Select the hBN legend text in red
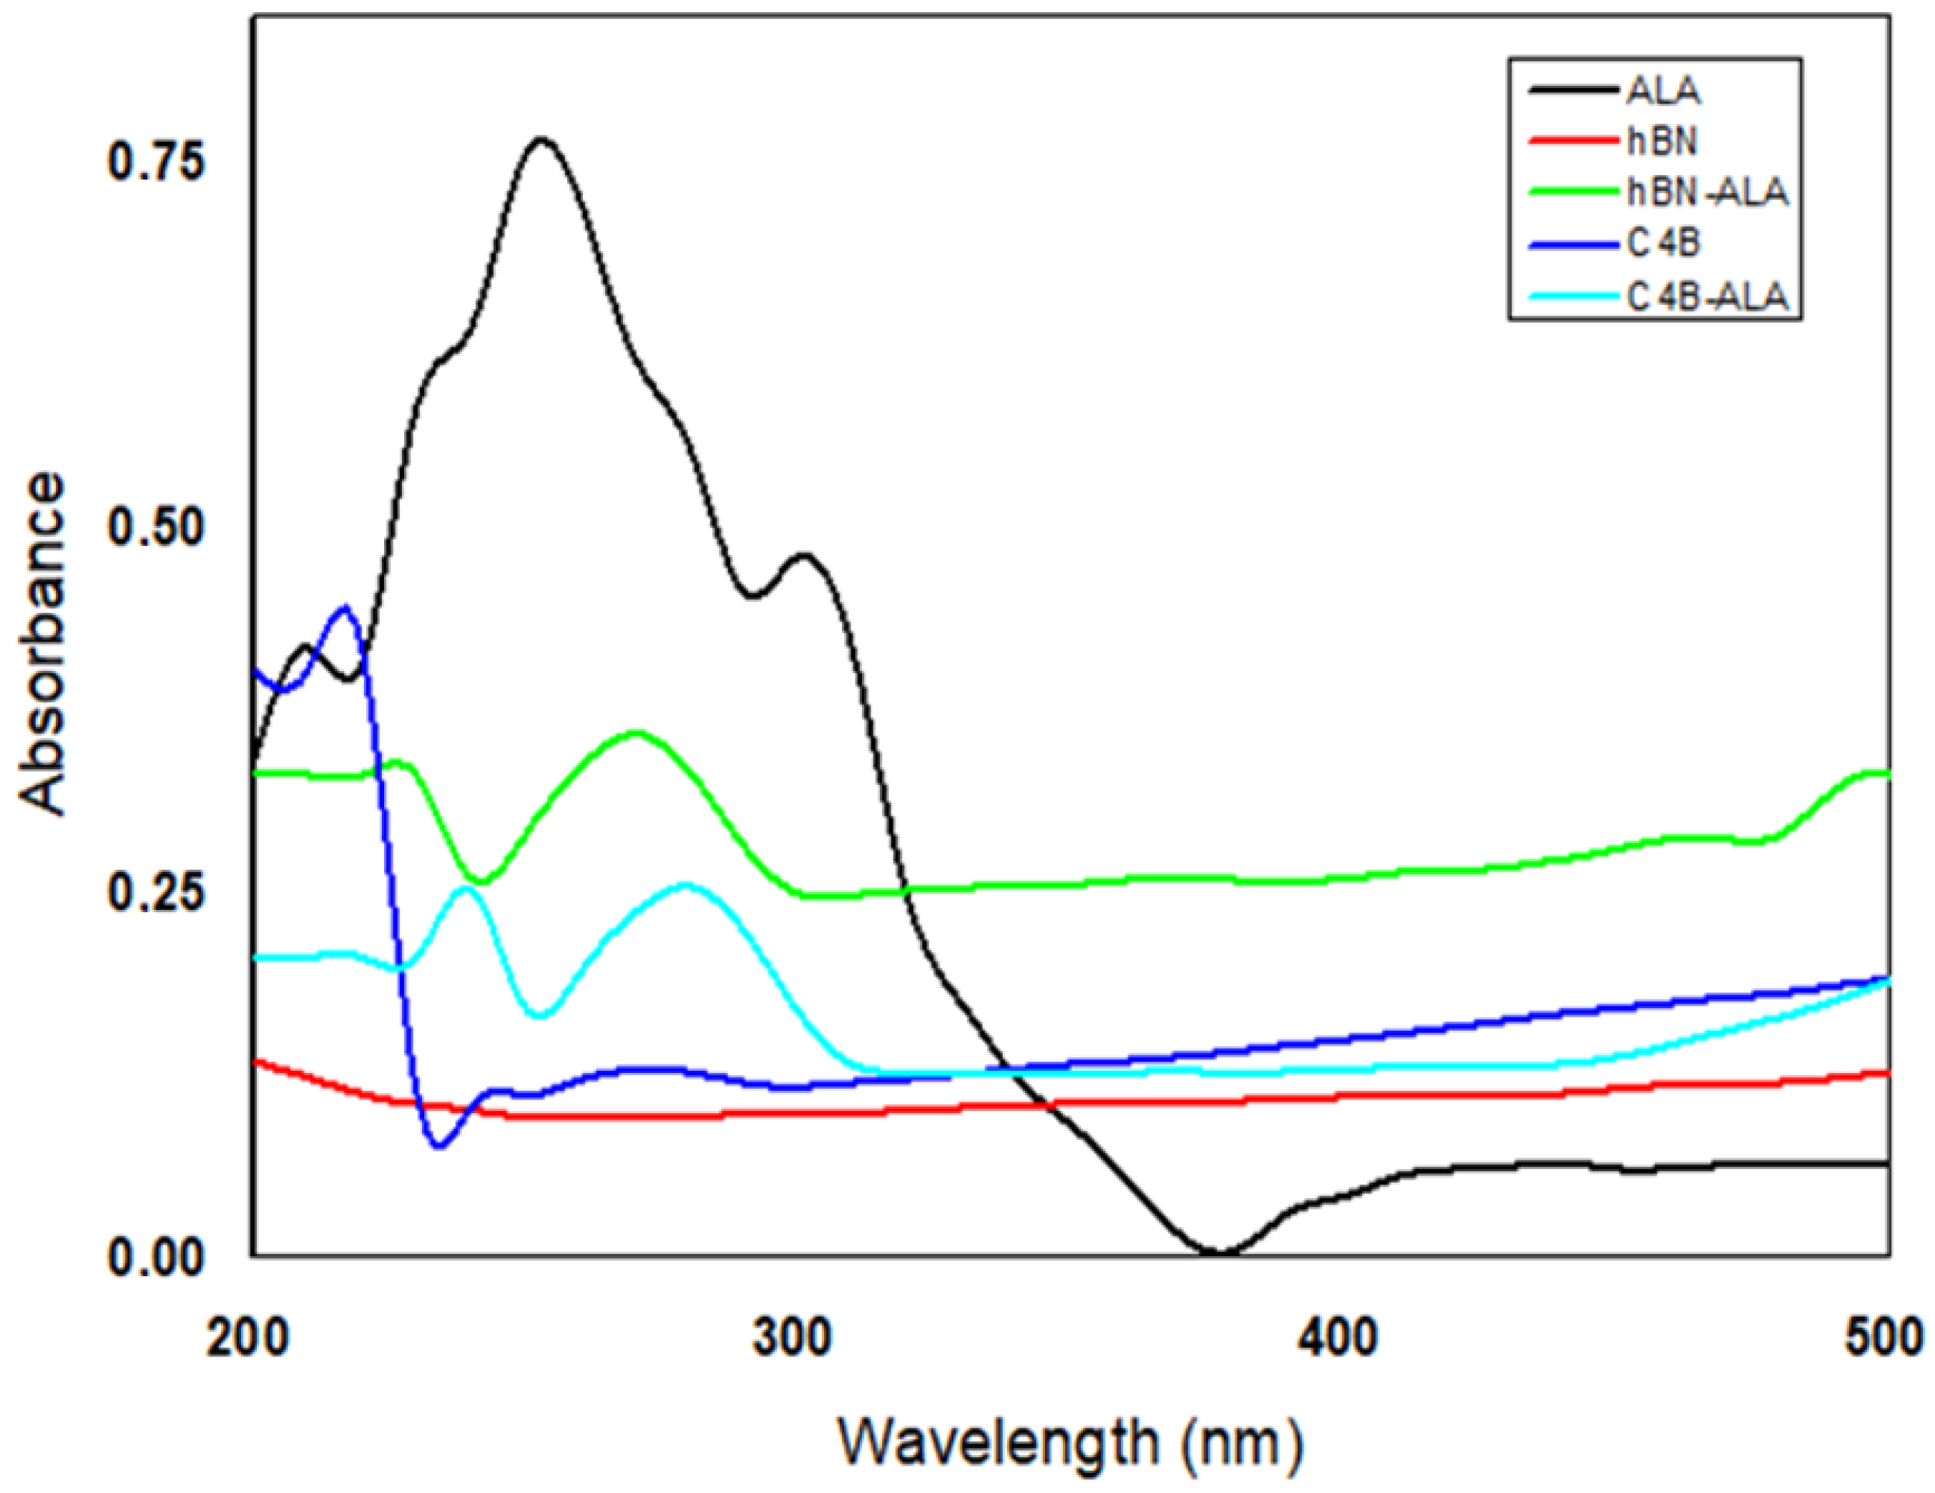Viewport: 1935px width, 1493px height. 1662,142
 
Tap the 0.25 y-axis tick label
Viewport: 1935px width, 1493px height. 156,892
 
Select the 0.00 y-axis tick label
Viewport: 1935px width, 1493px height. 156,1259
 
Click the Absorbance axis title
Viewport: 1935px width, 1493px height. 42,644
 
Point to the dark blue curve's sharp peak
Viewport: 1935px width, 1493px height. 346,608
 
